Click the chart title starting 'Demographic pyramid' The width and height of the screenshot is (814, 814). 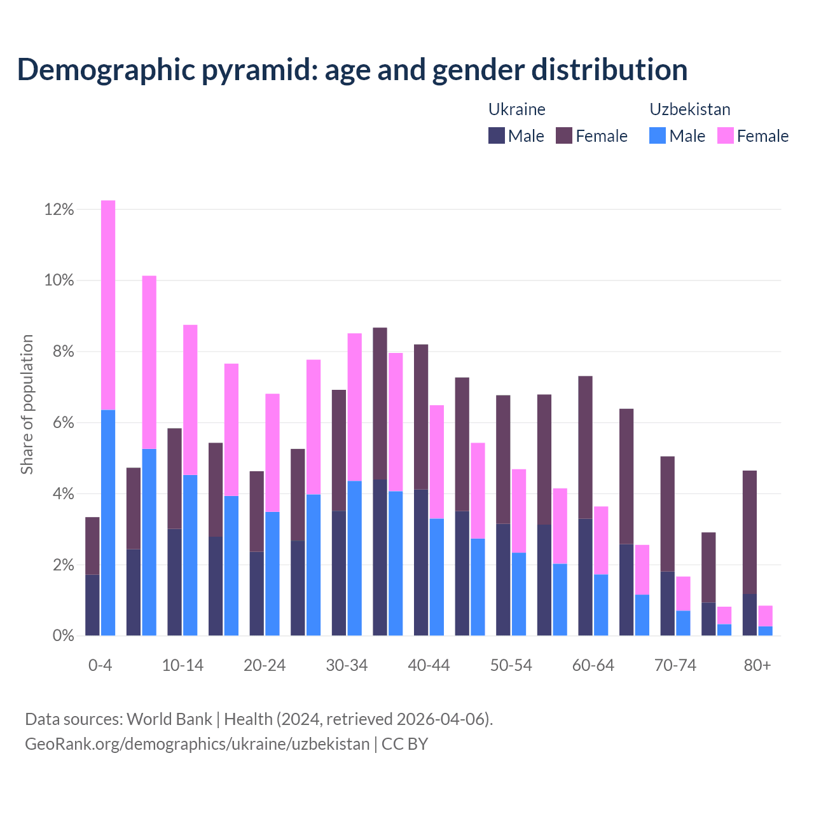click(x=352, y=69)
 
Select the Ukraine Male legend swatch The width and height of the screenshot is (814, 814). click(x=497, y=135)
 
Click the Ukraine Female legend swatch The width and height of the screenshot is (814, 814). click(x=564, y=135)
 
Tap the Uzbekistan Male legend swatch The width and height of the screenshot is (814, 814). click(x=658, y=135)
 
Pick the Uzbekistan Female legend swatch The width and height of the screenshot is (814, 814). click(x=726, y=135)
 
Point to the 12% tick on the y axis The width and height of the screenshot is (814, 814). click(x=59, y=209)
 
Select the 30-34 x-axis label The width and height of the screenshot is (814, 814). click(x=347, y=665)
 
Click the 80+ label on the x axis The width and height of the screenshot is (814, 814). click(x=757, y=665)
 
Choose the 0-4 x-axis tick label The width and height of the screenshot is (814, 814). click(x=100, y=665)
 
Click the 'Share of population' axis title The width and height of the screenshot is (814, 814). click(x=27, y=404)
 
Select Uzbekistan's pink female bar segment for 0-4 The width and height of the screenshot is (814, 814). click(x=108, y=305)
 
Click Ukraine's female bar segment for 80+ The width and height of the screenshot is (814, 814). click(x=750, y=532)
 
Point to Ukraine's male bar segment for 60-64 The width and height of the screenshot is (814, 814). click(x=585, y=577)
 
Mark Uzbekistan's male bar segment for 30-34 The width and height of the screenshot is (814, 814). click(x=355, y=558)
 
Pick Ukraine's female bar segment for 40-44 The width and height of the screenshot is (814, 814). click(x=421, y=417)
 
